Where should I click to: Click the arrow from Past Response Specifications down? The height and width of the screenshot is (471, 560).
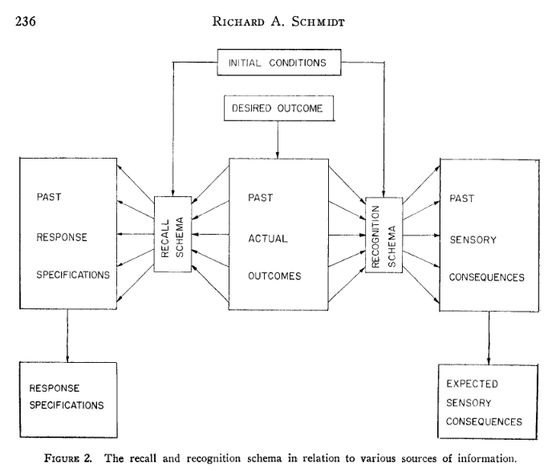[67, 336]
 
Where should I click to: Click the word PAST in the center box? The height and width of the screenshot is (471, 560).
[258, 196]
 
